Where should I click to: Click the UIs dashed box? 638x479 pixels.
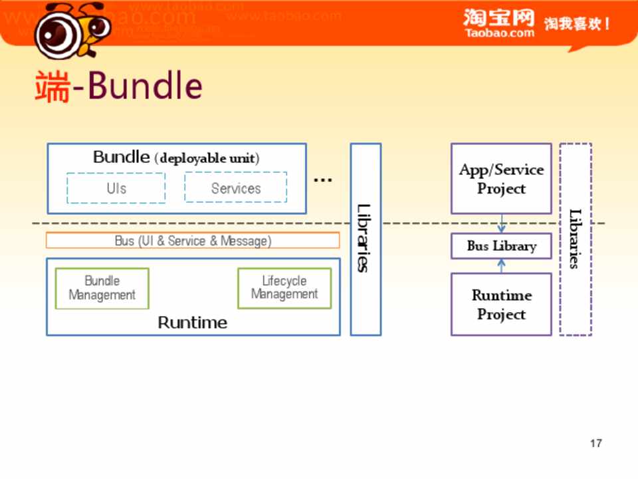coord(116,188)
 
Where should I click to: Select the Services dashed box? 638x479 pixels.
coord(236,188)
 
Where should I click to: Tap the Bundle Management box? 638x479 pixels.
coord(102,288)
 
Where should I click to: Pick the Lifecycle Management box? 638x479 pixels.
coord(284,288)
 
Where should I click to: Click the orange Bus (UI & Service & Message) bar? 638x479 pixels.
coord(193,241)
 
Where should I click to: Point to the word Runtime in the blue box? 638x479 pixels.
coord(193,323)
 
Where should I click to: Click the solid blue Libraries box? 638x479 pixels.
coord(366,239)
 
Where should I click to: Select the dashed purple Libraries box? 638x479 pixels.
coord(576,239)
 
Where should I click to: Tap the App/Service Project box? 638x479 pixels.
coord(501,179)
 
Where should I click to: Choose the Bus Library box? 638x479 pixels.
coord(501,246)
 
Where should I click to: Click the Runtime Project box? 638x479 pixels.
coord(501,305)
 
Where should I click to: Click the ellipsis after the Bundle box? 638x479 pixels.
coord(323,180)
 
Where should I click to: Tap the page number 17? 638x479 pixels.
coord(596,443)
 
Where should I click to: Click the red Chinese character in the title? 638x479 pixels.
coord(52,86)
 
